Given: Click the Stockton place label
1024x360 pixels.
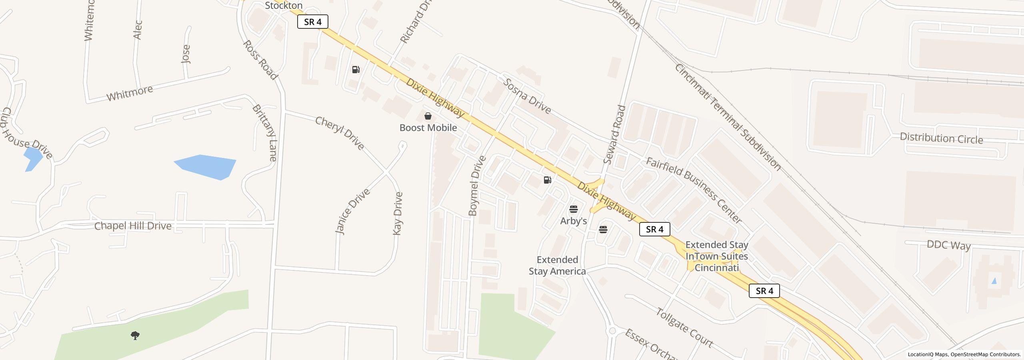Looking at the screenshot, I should (x=284, y=6).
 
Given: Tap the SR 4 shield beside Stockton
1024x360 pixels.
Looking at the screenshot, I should (x=313, y=22).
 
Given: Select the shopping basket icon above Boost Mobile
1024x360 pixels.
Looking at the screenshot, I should (x=428, y=116).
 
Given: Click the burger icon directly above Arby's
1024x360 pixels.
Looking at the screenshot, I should (x=573, y=209).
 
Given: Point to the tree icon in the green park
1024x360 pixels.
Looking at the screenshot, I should (x=135, y=335).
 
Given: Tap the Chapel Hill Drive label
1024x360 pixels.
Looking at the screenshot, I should (x=133, y=226).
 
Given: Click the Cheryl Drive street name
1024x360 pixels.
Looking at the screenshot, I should (x=340, y=133).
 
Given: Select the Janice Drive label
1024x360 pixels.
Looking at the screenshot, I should (x=352, y=211).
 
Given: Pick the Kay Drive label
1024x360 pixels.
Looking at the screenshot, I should (x=398, y=214).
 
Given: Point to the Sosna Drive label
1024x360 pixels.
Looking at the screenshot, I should (x=527, y=96).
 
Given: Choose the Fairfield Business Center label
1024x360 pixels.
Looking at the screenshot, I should (x=694, y=190).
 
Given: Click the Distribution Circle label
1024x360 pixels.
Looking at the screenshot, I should (x=941, y=138).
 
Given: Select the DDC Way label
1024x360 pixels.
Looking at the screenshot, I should (x=948, y=245).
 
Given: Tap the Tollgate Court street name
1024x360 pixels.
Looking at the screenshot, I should (x=684, y=328).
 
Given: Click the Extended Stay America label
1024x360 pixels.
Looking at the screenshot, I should (x=557, y=266).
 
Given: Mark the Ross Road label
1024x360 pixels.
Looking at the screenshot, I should (x=260, y=60).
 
